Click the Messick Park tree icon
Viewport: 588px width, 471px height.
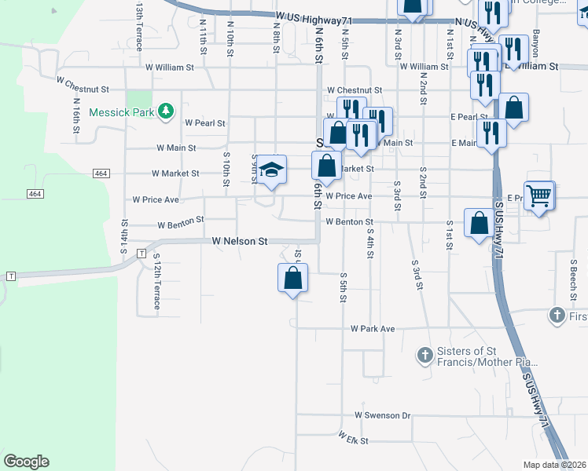click(x=165, y=112)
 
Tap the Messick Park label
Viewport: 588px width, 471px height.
click(x=121, y=112)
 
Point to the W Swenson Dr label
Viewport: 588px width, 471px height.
click(x=383, y=414)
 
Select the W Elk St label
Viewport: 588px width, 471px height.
click(x=354, y=438)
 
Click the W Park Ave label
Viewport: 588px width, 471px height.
click(x=373, y=328)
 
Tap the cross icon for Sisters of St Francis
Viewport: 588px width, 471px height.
click(x=424, y=356)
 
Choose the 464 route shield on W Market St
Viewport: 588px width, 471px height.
click(x=101, y=173)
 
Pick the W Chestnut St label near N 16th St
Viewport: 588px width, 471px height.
click(x=83, y=79)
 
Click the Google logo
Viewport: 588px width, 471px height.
click(x=26, y=462)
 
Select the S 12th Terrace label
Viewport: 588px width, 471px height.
click(x=156, y=281)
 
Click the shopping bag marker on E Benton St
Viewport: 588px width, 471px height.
click(x=479, y=223)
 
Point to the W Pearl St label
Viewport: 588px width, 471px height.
click(x=205, y=123)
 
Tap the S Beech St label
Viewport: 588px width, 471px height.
click(x=574, y=276)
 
